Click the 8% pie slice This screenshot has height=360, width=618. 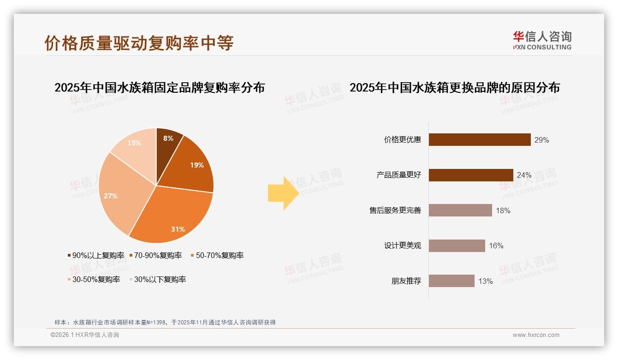tap(167, 141)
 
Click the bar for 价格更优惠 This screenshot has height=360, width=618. tap(480, 139)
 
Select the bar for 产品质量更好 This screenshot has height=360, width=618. tap(471, 175)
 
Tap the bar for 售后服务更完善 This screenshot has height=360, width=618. tap(460, 210)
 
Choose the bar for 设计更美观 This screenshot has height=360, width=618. tap(457, 246)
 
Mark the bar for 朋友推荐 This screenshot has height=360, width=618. tap(452, 281)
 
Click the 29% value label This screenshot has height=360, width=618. tap(541, 140)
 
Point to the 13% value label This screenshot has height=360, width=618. tap(485, 281)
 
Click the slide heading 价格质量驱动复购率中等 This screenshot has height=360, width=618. tap(139, 43)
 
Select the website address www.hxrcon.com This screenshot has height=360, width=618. tap(536, 335)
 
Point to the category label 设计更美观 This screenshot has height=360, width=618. tap(403, 246)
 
